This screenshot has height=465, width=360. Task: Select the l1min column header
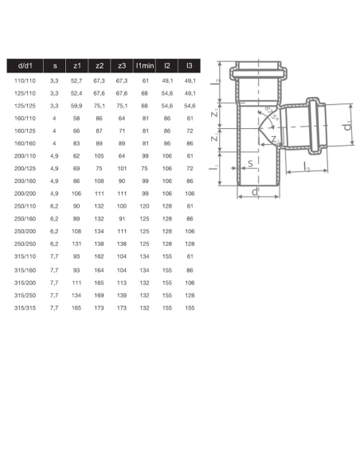point(144,66)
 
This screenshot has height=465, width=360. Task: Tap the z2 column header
point(100,66)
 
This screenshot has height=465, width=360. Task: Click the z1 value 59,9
point(76,105)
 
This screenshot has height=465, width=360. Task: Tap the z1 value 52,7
point(76,80)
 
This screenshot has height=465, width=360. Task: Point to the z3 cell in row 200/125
point(122,169)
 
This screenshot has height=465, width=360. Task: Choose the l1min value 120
point(144,205)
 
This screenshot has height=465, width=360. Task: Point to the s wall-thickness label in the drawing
point(249,165)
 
